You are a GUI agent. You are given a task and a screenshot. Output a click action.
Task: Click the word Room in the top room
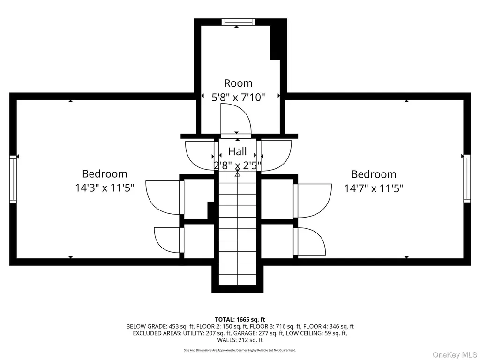[x=238, y=83]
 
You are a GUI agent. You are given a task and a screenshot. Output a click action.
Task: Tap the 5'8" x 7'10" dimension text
[x=238, y=97]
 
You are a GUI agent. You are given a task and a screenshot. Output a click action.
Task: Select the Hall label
[x=238, y=151]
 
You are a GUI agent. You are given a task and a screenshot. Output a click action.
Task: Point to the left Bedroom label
[x=105, y=173]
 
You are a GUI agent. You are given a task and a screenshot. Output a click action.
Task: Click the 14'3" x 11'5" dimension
[x=105, y=187]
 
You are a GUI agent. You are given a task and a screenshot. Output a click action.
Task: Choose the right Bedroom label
[x=374, y=174]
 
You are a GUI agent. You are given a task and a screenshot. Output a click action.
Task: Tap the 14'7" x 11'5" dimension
[x=374, y=188]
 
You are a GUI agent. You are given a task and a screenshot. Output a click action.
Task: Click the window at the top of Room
[x=239, y=22]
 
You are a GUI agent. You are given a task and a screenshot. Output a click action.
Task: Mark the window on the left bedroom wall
[x=13, y=180]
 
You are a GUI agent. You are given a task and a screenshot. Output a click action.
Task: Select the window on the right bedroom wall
[x=467, y=178]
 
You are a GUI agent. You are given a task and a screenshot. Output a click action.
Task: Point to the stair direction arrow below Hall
[x=238, y=174]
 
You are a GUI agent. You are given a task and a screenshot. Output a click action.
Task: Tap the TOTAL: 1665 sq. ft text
[x=240, y=320]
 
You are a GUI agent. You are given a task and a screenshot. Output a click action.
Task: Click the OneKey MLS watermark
[x=455, y=355]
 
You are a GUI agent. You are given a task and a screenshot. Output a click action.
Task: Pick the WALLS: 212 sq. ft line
[x=240, y=340]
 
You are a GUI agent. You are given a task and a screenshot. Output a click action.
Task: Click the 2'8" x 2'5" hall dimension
[x=238, y=165]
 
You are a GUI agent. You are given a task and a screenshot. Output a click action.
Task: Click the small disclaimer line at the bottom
[x=240, y=350]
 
